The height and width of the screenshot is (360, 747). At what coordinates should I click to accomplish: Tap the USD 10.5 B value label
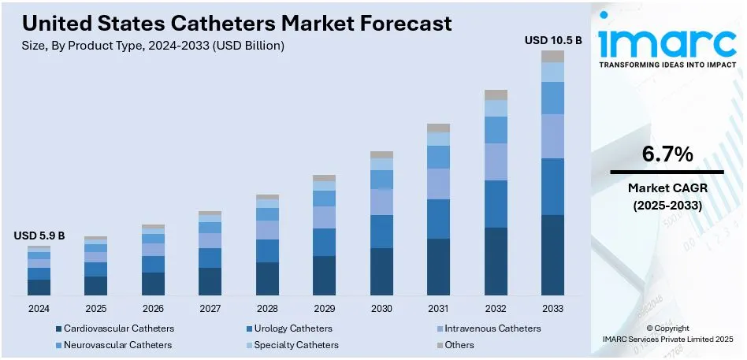[552, 39]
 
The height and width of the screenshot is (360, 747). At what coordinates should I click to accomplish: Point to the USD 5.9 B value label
[39, 236]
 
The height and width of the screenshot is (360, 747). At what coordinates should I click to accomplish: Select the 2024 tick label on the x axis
[39, 308]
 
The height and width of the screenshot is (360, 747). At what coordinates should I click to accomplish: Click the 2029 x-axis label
[324, 308]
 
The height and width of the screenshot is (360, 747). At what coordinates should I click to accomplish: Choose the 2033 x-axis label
[552, 308]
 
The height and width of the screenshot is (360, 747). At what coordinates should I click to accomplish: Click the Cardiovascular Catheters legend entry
[114, 328]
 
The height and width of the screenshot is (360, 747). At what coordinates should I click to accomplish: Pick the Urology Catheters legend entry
[288, 328]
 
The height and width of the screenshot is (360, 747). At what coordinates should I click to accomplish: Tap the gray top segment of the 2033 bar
[552, 56]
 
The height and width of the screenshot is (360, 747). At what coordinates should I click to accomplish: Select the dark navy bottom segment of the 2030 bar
[381, 272]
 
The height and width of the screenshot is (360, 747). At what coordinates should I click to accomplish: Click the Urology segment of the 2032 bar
[496, 203]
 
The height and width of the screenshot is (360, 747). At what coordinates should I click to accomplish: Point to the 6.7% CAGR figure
[667, 154]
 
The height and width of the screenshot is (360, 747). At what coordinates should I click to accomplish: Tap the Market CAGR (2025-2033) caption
[667, 197]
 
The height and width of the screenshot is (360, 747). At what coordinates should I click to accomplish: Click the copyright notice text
[667, 333]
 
